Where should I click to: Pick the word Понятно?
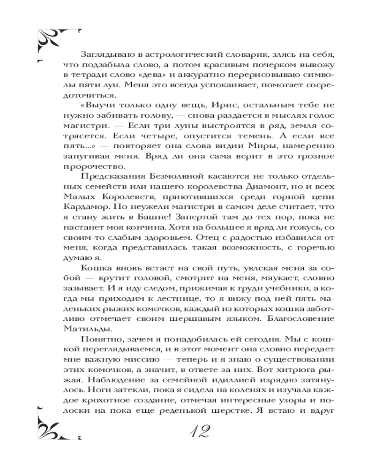[99, 342]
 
